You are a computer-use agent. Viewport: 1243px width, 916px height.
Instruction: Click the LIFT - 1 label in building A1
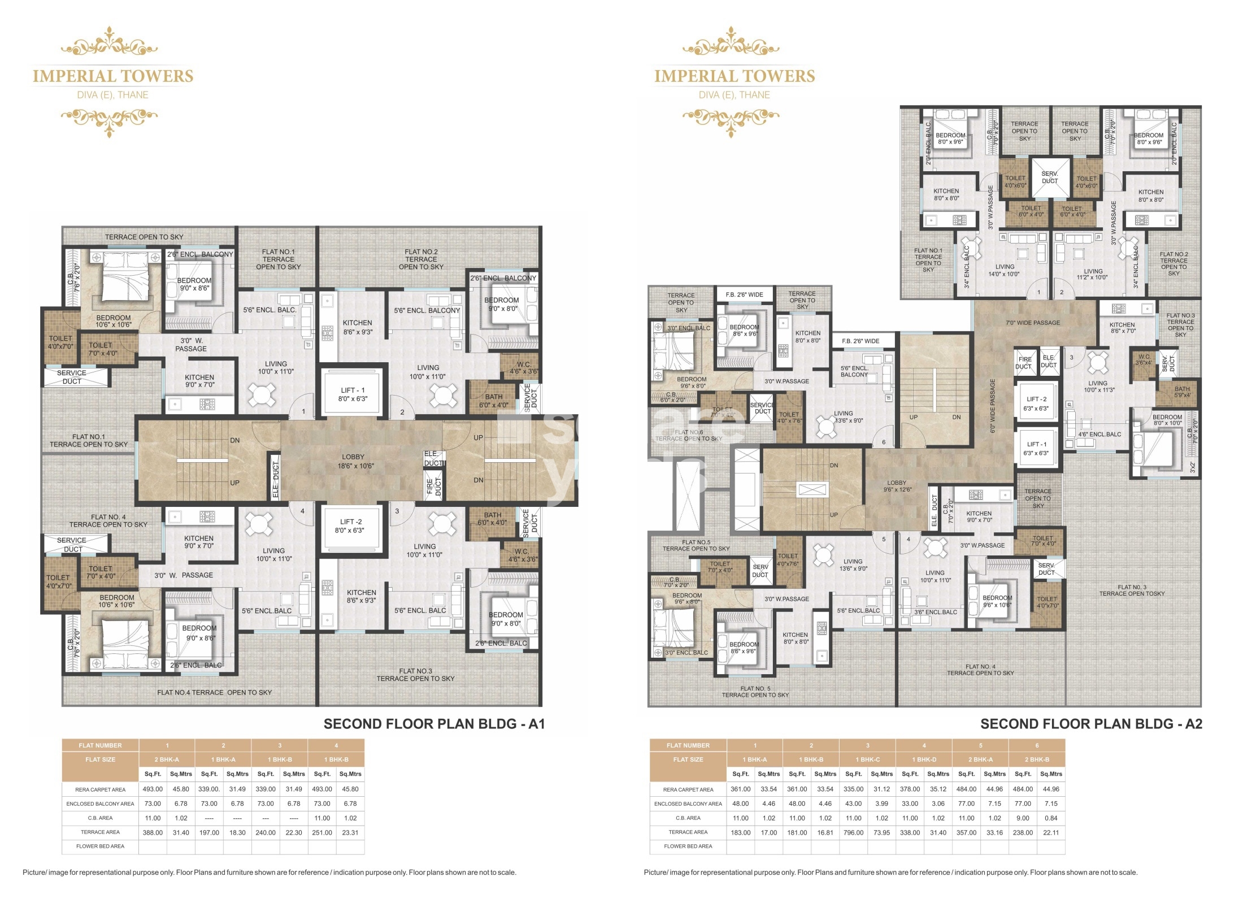coord(353,394)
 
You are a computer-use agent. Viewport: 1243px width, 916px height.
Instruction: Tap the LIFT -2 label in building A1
coord(350,526)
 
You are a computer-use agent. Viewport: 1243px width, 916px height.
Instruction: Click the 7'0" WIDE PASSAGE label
coord(1033,323)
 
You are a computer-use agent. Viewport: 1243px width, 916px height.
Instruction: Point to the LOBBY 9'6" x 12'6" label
coord(897,486)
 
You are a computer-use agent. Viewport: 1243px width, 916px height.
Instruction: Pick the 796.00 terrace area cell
coord(853,832)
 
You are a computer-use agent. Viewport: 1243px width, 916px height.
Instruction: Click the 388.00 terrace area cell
coord(153,832)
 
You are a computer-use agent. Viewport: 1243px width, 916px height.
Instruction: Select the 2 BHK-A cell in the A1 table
coord(167,759)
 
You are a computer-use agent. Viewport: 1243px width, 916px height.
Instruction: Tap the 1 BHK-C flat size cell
coord(867,759)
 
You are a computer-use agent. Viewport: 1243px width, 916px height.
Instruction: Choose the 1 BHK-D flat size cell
coord(924,759)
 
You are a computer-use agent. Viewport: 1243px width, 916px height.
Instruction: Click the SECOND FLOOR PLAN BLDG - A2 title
coord(1091,724)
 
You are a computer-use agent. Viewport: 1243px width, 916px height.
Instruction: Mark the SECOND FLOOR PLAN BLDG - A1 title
coord(434,724)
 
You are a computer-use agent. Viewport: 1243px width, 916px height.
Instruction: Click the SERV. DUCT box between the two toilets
coord(1050,177)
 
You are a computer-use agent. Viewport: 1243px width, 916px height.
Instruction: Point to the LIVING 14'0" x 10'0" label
coord(1004,271)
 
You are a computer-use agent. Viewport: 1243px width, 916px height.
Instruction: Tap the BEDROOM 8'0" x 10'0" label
coord(1167,420)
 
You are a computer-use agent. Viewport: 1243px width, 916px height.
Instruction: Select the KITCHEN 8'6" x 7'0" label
coord(1122,328)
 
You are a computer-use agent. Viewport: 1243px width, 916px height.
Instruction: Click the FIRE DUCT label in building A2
coord(1025,363)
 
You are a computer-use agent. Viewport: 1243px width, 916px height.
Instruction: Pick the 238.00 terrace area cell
coord(1023,832)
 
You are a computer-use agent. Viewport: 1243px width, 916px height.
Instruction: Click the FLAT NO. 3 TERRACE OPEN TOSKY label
coord(1132,591)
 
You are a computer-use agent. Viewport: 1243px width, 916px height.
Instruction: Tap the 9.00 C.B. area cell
coord(1023,818)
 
